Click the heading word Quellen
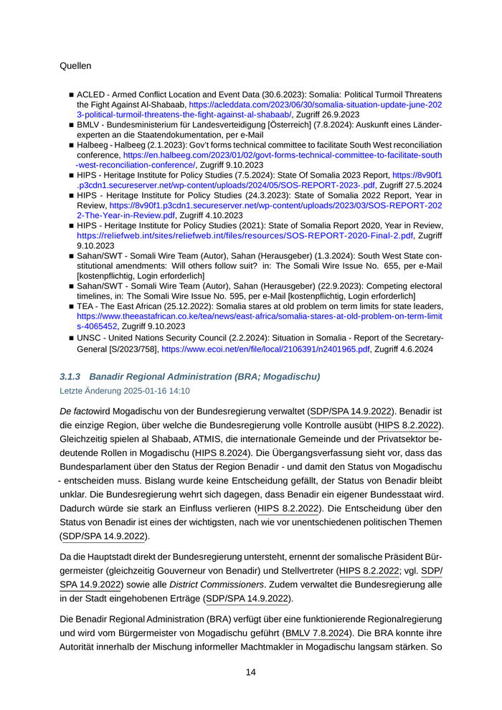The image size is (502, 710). [x=75, y=66]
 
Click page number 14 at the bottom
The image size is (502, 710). [x=251, y=672]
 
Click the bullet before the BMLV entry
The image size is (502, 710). [x=71, y=125]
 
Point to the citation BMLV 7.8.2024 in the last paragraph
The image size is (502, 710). [x=318, y=634]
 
